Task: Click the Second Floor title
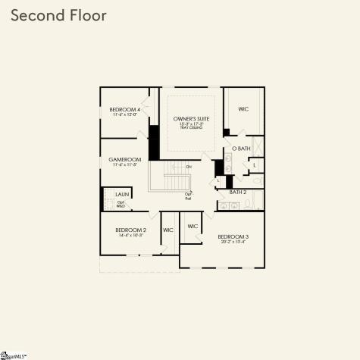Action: click(59, 15)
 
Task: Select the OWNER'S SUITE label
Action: click(191, 120)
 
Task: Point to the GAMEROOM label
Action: click(125, 160)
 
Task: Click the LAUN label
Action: click(121, 195)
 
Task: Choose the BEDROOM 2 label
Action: click(130, 230)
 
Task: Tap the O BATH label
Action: click(240, 149)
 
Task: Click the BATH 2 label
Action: click(238, 193)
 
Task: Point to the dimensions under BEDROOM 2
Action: click(130, 235)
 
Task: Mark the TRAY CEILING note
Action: click(191, 128)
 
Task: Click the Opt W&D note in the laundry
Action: click(120, 204)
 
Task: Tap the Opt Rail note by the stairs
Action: click(188, 196)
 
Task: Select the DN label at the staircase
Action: click(189, 166)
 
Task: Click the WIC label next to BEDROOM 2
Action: click(167, 230)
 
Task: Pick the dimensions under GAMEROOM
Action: click(125, 165)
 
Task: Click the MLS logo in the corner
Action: click(13, 354)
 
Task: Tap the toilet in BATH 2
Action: click(257, 202)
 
